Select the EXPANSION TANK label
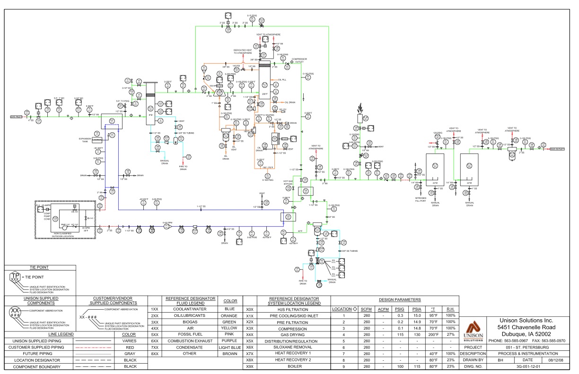pyautogui.click(x=85, y=140)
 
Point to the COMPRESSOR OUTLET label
pyautogui.click(x=299, y=59)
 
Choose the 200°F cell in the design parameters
pyautogui.click(x=432, y=334)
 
